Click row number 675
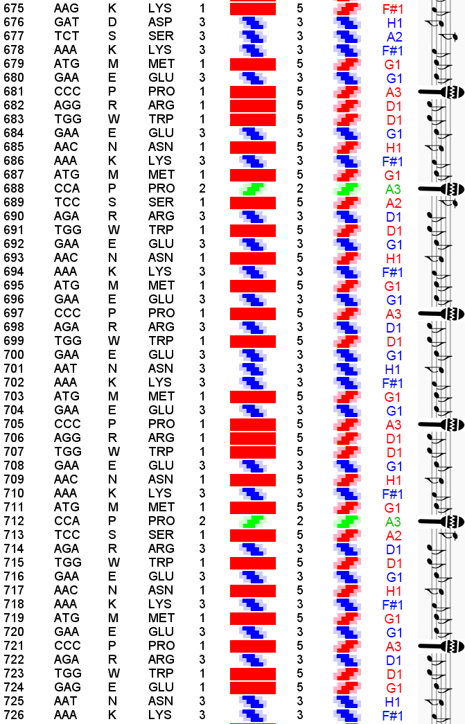(14, 8)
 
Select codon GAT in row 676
(66, 22)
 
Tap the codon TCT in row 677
(66, 36)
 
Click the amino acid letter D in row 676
(112, 22)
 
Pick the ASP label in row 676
(160, 22)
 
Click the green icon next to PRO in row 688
(253, 188)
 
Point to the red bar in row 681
(253, 91)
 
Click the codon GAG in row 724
(67, 687)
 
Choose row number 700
(14, 355)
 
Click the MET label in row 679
(161, 64)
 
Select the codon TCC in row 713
(67, 535)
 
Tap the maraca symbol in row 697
(441, 313)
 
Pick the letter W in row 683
(113, 119)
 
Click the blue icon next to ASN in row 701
(253, 369)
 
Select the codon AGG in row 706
(67, 438)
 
